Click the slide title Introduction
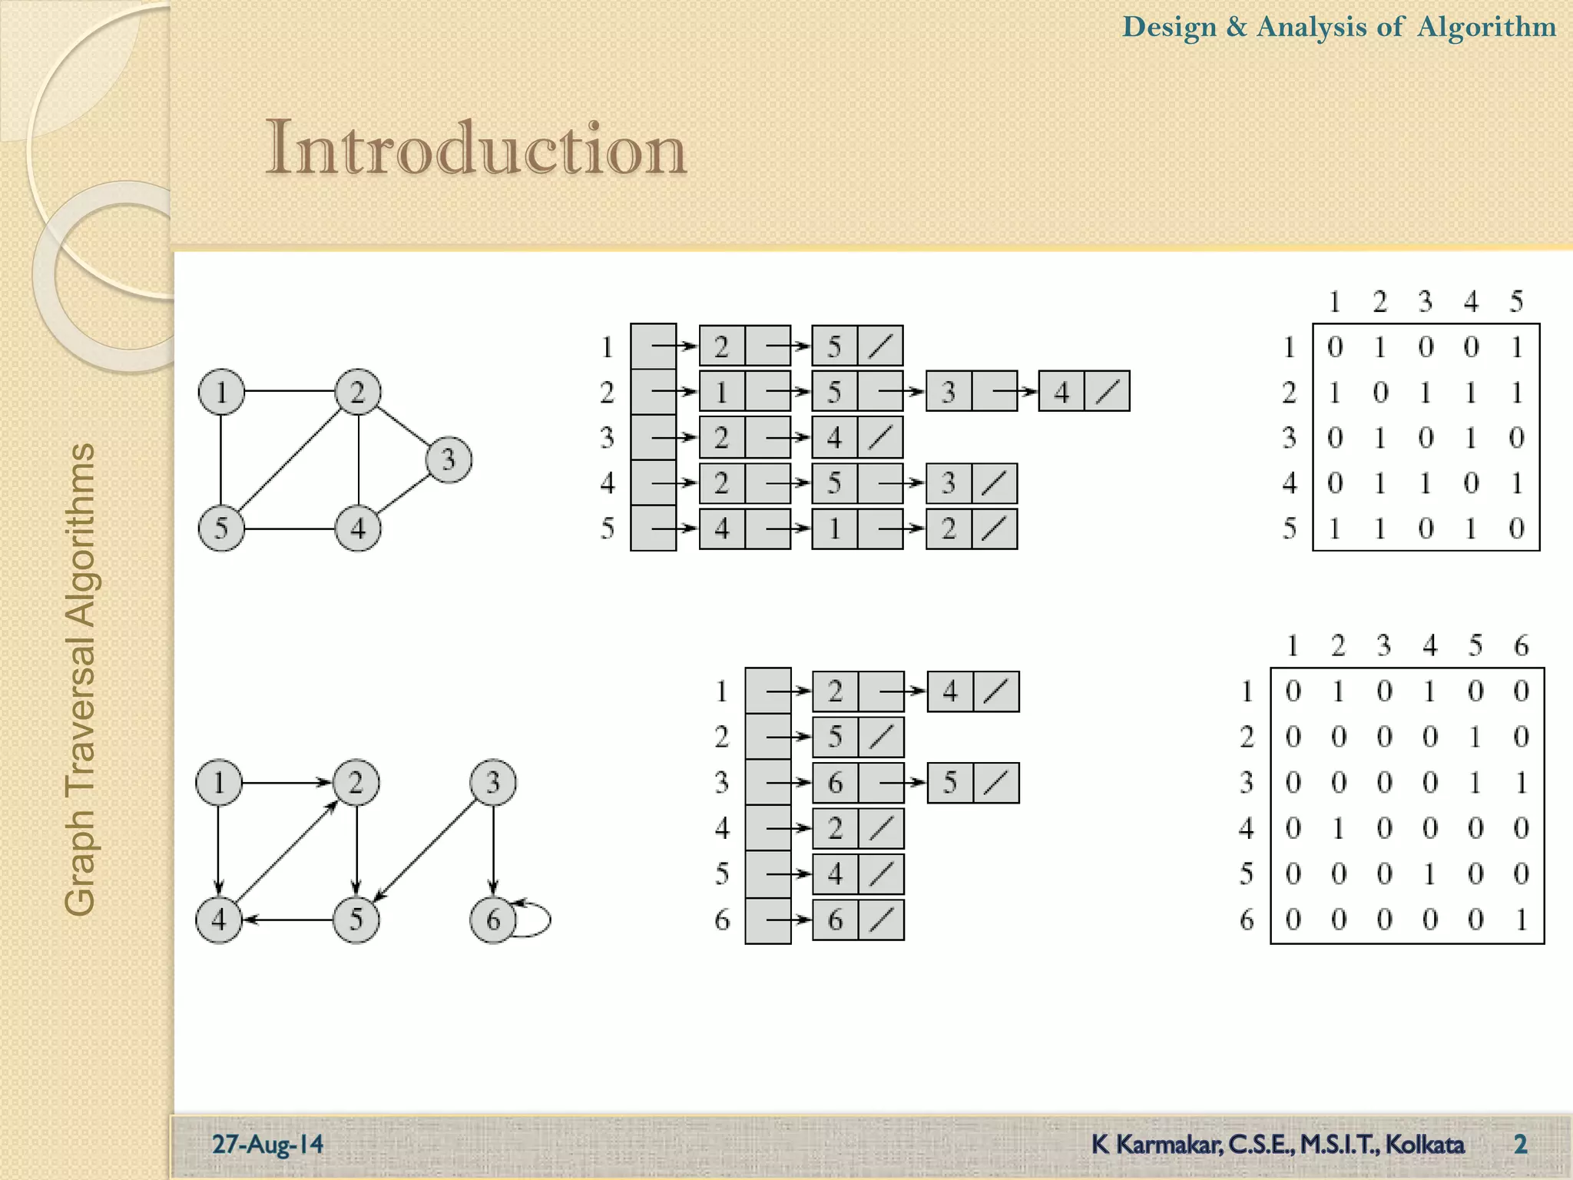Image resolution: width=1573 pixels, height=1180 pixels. (x=475, y=148)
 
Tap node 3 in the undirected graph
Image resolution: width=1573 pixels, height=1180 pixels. (x=449, y=459)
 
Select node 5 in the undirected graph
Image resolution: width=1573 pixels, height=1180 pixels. (x=221, y=529)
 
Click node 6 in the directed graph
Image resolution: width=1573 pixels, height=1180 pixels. (x=492, y=920)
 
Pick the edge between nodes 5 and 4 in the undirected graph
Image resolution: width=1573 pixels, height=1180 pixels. (x=290, y=529)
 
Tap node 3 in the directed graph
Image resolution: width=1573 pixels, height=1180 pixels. (x=492, y=783)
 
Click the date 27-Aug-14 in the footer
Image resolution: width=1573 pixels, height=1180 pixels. (x=267, y=1144)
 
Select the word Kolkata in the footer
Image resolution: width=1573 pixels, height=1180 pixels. (x=1425, y=1144)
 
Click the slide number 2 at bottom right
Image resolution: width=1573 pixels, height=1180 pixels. (x=1520, y=1144)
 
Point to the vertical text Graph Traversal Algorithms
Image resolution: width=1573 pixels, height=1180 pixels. (x=80, y=679)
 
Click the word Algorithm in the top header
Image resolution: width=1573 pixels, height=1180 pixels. (x=1486, y=27)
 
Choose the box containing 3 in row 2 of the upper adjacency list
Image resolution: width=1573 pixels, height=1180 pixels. (x=949, y=392)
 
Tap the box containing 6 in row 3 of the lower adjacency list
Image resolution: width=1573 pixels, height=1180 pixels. (x=835, y=783)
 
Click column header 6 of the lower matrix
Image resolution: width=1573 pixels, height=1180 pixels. (x=1521, y=645)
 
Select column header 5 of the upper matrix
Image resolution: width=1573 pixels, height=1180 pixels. (x=1516, y=301)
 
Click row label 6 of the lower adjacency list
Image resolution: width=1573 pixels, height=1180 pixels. (x=722, y=920)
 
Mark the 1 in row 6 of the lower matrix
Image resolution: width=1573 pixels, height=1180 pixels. (x=1521, y=920)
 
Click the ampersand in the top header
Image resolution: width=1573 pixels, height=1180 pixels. (x=1237, y=27)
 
